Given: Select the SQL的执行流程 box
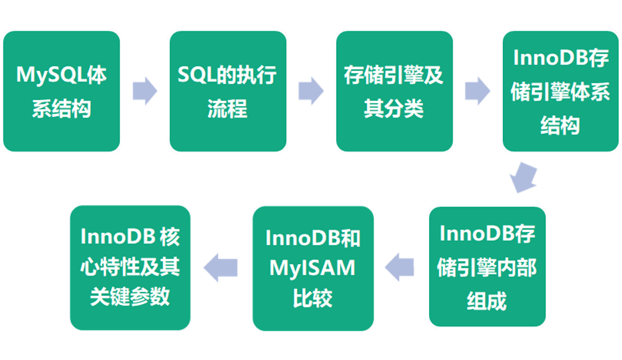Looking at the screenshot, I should [x=227, y=91].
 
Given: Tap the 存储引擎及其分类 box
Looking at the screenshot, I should [x=394, y=91].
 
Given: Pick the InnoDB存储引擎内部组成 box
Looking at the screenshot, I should [x=487, y=266].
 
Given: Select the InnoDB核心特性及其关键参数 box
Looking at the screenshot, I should [x=130, y=267].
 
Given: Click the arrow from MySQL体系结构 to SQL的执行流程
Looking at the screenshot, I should [x=144, y=90].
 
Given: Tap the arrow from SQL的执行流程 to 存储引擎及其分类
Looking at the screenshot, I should [x=311, y=90].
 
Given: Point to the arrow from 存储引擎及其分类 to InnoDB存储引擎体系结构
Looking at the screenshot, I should [x=477, y=90].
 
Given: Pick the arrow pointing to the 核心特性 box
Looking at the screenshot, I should [x=221, y=267].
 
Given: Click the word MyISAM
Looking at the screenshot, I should [x=313, y=268].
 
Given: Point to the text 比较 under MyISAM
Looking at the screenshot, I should [x=313, y=298].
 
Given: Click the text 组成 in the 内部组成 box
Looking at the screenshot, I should [x=487, y=300].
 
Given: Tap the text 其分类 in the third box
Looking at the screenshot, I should [x=394, y=108].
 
